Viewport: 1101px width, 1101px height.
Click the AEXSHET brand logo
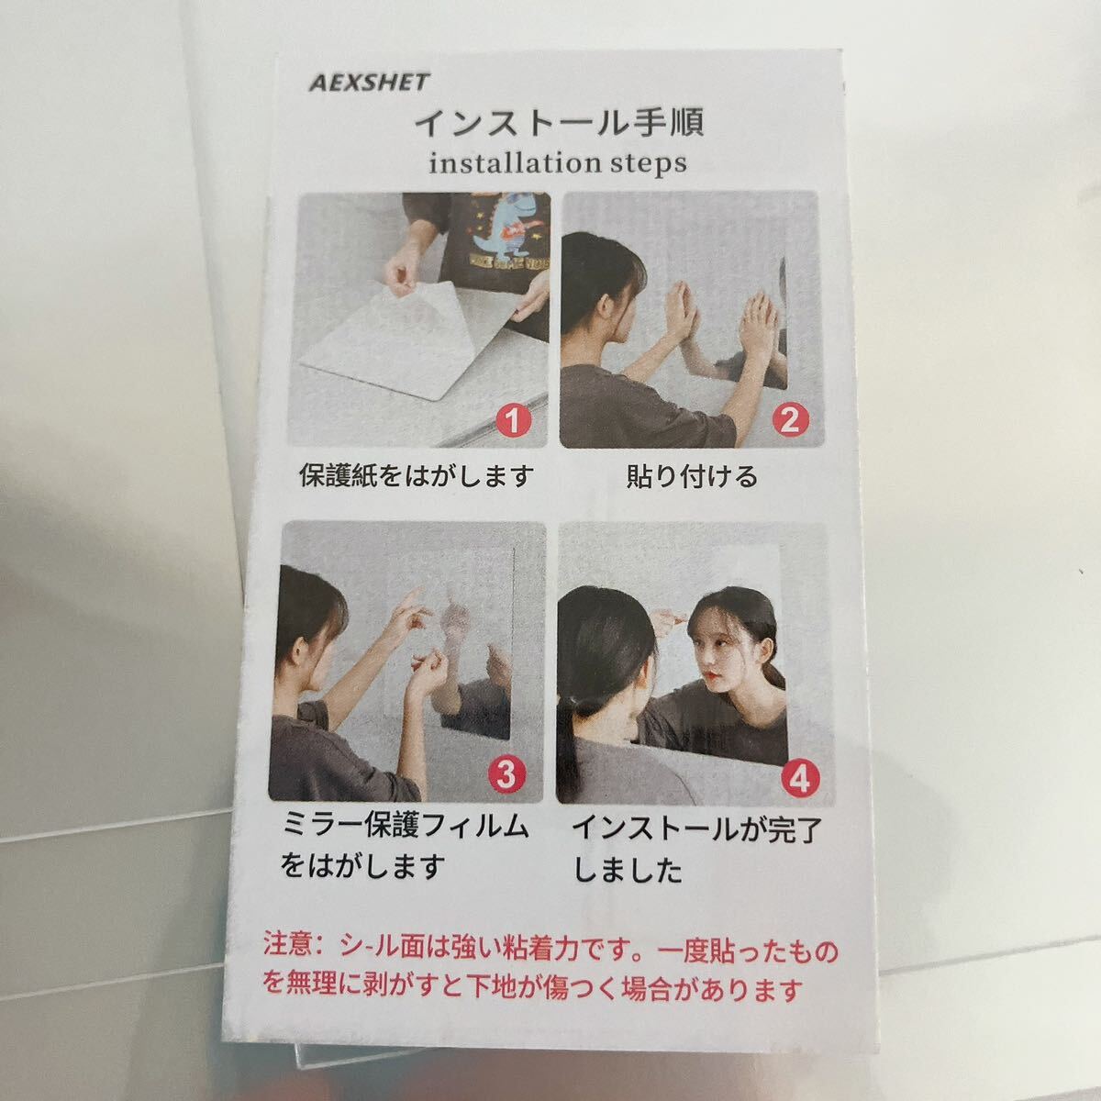pos(369,83)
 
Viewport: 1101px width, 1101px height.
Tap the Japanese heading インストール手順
pos(559,122)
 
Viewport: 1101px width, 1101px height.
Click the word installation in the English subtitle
pos(510,163)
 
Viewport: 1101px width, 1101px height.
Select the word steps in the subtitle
pos(644,164)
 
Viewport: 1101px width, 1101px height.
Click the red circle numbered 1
pos(513,421)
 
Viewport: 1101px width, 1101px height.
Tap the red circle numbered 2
pos(790,420)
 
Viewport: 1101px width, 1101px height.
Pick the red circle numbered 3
pos(506,774)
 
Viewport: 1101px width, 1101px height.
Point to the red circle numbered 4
pos(800,777)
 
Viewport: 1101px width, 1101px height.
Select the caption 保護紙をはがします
pos(417,475)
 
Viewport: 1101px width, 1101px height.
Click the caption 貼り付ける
pos(693,476)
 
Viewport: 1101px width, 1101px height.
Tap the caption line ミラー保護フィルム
pos(406,826)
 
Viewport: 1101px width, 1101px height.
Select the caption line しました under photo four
pos(628,872)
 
